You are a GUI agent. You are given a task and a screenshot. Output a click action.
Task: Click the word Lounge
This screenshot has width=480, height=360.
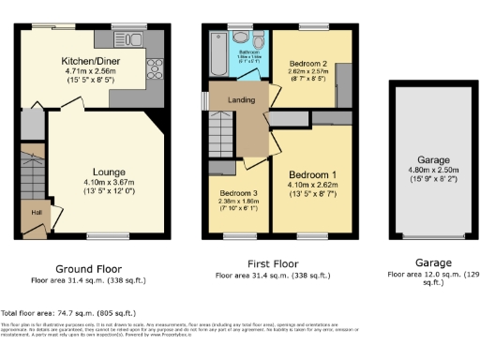110,172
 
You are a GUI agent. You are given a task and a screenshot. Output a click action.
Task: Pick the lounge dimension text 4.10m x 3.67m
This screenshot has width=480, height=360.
110,182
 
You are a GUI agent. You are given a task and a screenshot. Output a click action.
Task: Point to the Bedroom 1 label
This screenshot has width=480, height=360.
313,174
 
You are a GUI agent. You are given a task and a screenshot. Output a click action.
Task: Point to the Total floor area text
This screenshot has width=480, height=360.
68,312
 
